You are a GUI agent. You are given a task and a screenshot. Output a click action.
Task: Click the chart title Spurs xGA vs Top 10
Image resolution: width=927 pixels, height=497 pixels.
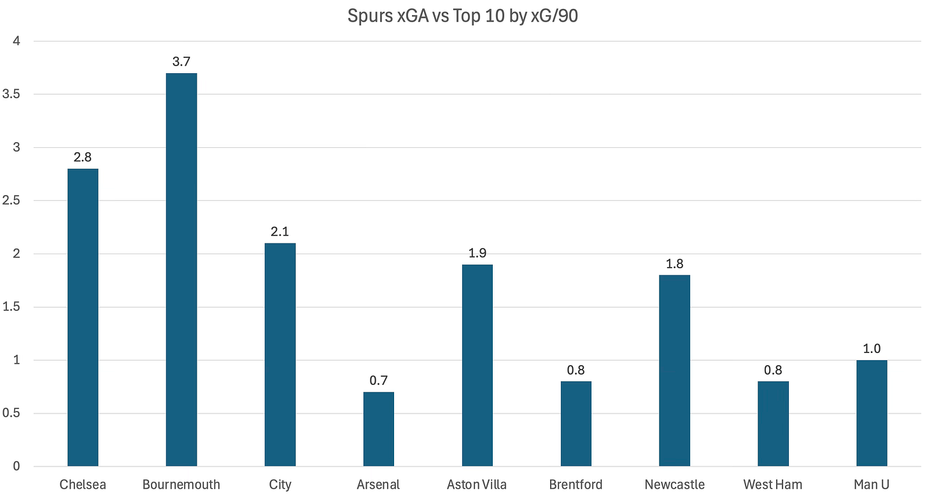tap(463, 16)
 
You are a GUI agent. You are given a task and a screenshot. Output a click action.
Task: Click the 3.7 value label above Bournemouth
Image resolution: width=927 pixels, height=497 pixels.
tap(181, 62)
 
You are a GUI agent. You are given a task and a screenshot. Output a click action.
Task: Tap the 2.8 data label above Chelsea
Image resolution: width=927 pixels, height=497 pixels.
tap(83, 157)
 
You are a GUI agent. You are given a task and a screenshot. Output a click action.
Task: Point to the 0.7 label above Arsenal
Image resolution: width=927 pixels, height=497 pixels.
tap(379, 380)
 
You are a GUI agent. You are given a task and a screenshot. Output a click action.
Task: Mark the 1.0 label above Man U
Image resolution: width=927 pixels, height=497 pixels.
tap(872, 349)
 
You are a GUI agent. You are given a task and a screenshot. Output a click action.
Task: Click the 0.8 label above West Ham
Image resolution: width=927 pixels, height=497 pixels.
tap(773, 370)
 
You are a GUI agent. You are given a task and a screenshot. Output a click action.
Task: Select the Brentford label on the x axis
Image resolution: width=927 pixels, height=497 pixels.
tap(576, 485)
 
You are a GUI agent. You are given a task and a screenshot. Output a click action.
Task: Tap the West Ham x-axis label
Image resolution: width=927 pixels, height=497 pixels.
tap(773, 485)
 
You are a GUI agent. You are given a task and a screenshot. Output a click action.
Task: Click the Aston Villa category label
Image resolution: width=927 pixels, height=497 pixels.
tap(478, 485)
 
